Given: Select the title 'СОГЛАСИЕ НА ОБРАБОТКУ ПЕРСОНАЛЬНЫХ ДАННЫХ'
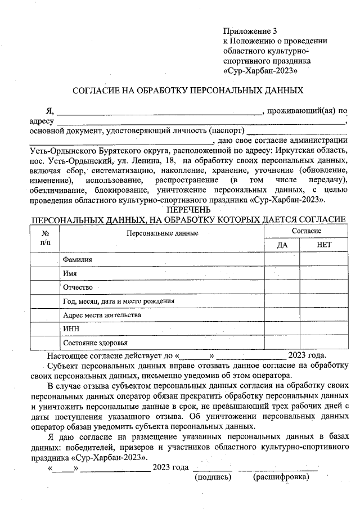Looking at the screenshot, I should [188, 90].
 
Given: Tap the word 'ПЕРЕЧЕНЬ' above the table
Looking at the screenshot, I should [188, 210].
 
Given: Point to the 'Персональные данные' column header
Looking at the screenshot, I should [162, 232].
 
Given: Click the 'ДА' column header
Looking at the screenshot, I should [282, 245].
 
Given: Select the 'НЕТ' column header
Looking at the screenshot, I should [324, 245].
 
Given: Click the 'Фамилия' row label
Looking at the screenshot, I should [78, 259].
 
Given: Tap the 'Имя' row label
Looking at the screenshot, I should [70, 273].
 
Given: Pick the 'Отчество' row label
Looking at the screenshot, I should [78, 287].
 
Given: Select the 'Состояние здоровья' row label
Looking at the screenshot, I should [95, 343].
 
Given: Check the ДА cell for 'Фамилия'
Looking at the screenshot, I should [282, 259].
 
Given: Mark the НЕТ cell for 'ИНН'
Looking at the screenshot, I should [324, 329].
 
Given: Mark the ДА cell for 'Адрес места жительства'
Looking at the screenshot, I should [282, 315].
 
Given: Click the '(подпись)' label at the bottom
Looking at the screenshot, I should [213, 477].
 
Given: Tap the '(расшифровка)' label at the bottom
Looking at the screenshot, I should [281, 477].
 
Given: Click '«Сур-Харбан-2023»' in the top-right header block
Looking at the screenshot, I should [260, 71].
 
